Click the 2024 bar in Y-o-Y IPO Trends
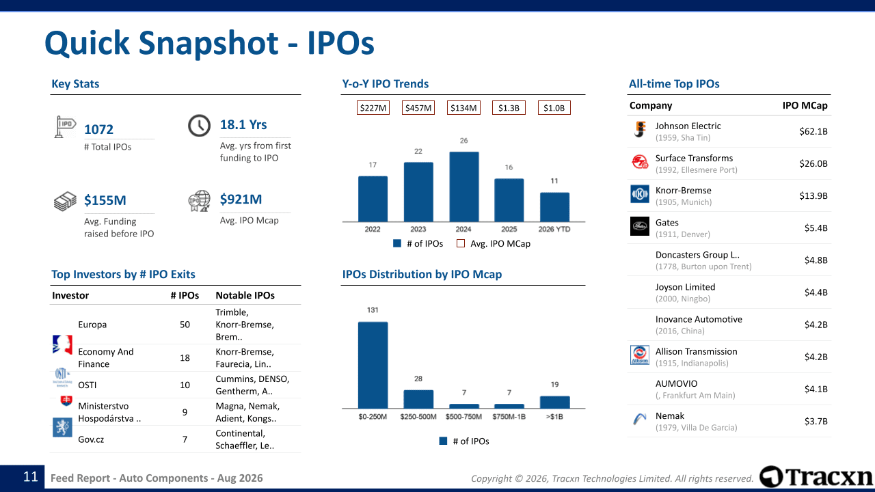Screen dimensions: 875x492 463,187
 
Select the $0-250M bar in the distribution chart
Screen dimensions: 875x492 373,365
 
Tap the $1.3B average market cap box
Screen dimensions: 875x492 509,108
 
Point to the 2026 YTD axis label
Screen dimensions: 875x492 554,229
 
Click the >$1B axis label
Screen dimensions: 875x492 554,417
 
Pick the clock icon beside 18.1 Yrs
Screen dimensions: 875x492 199,125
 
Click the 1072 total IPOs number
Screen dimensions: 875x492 99,129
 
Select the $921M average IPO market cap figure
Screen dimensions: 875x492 241,199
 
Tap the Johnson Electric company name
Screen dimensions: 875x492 688,126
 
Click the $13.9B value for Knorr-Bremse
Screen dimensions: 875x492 813,195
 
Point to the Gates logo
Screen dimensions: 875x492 639,226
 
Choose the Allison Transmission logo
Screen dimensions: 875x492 639,355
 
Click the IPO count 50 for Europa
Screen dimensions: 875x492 185,325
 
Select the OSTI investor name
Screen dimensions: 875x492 87,385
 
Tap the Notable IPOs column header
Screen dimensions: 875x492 245,295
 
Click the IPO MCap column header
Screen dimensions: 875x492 805,105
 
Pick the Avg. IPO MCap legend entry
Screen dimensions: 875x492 494,244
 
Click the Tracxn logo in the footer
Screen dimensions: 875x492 816,477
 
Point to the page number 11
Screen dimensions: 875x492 31,477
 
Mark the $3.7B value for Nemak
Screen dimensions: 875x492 816,421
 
